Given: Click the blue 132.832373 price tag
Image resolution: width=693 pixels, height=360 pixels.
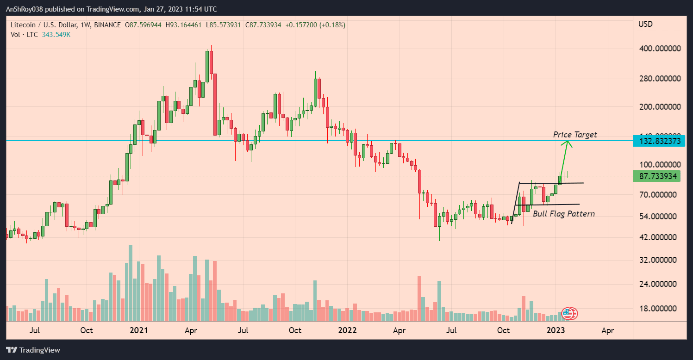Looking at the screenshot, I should click(660, 141).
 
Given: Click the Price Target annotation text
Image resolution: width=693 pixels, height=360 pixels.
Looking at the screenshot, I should click(575, 135).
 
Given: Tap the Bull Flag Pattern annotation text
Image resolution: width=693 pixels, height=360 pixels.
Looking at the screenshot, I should click(564, 214).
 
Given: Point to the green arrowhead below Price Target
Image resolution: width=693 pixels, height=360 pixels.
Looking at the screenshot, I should click(567, 144).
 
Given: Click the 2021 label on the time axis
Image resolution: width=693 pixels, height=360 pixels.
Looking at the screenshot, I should click(138, 330).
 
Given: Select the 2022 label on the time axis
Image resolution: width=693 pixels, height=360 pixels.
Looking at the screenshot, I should click(347, 330).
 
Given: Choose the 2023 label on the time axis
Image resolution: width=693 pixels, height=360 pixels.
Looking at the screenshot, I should click(556, 330).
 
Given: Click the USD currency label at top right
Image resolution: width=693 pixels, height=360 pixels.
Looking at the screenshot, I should click(645, 24).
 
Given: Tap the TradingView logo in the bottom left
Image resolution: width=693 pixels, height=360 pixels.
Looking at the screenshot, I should click(33, 350).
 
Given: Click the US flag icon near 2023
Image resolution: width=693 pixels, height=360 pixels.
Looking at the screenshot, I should click(568, 313).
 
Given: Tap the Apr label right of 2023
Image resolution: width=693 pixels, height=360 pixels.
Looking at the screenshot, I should click(607, 330).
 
